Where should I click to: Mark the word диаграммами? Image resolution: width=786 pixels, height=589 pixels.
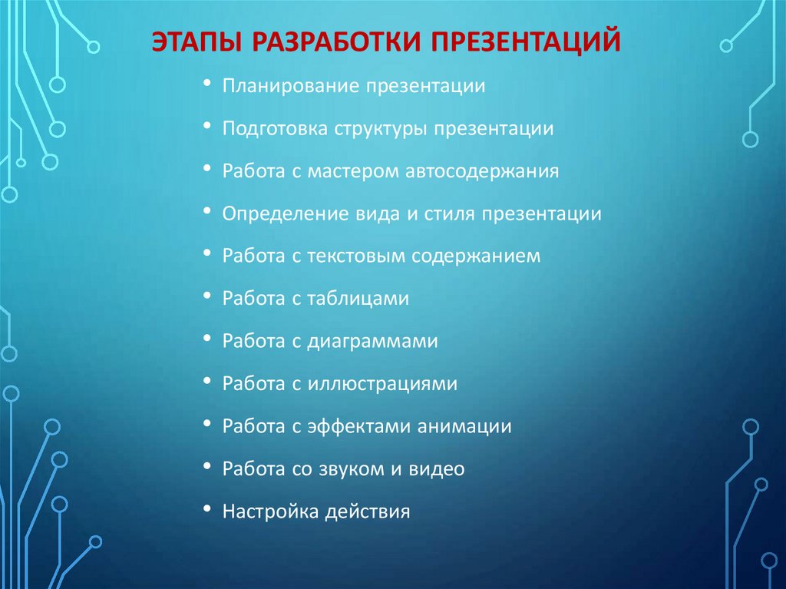(373, 341)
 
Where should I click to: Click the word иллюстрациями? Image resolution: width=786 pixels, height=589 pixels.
(383, 383)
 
